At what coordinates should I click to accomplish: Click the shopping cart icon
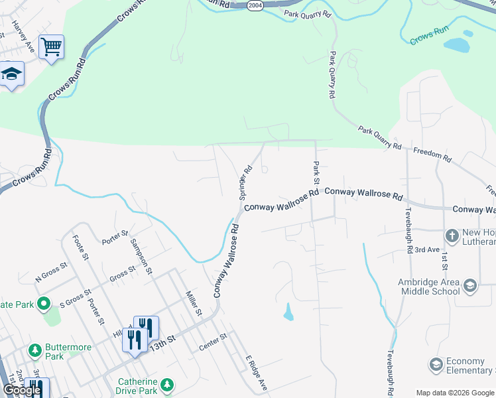(x=51, y=47)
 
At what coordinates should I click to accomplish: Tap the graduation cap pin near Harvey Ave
(x=11, y=74)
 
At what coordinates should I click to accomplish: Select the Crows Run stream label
(x=430, y=37)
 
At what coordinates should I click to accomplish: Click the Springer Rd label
(x=246, y=183)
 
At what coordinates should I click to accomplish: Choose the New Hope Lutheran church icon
(x=452, y=235)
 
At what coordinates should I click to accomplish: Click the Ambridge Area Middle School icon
(x=470, y=286)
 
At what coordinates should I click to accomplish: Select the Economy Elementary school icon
(x=436, y=365)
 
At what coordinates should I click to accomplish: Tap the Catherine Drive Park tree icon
(x=168, y=385)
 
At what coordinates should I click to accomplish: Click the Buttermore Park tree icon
(x=34, y=349)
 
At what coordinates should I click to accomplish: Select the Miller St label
(x=193, y=302)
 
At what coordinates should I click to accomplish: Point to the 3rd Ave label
(x=427, y=249)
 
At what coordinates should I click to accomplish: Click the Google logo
(x=22, y=391)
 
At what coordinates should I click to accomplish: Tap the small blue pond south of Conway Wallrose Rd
(x=288, y=312)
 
